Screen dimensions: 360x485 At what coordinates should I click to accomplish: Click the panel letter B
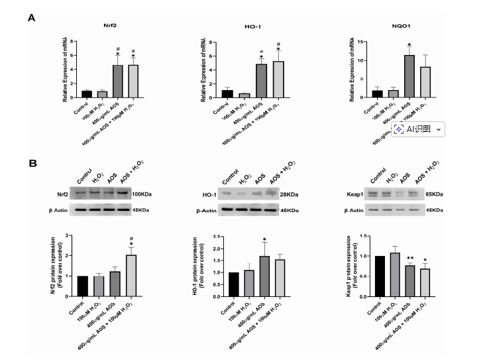tap(31, 162)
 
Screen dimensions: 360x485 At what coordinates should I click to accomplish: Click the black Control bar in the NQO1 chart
tap(377, 93)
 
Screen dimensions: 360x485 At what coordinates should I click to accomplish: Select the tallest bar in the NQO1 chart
tap(409, 76)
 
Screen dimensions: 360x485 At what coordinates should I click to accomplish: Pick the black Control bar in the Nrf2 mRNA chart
tap(86, 93)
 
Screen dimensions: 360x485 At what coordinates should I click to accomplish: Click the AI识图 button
tap(417, 129)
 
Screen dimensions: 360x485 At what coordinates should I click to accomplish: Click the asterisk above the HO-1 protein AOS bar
tap(264, 239)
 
